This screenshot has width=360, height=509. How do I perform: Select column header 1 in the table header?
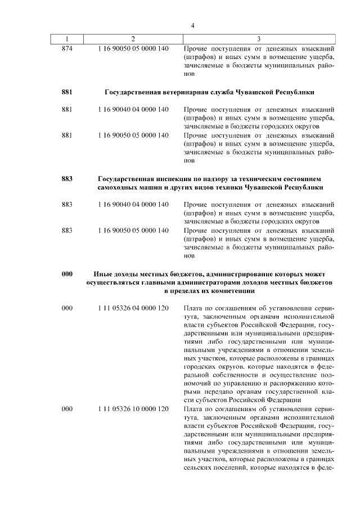point(67,39)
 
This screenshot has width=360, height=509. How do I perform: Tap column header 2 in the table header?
point(133,39)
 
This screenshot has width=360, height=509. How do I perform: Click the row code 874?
point(67,48)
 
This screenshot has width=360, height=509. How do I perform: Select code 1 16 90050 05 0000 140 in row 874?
point(133,48)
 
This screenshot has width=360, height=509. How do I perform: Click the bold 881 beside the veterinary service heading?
point(67,92)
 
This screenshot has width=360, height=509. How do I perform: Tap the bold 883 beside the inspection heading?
point(67,178)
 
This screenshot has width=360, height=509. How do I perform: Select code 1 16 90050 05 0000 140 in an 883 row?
point(133,230)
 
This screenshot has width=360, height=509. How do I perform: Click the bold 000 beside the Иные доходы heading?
point(67,274)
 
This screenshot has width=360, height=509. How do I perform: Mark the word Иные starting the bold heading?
point(103,274)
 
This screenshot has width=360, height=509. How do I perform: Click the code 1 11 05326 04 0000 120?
point(133,309)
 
